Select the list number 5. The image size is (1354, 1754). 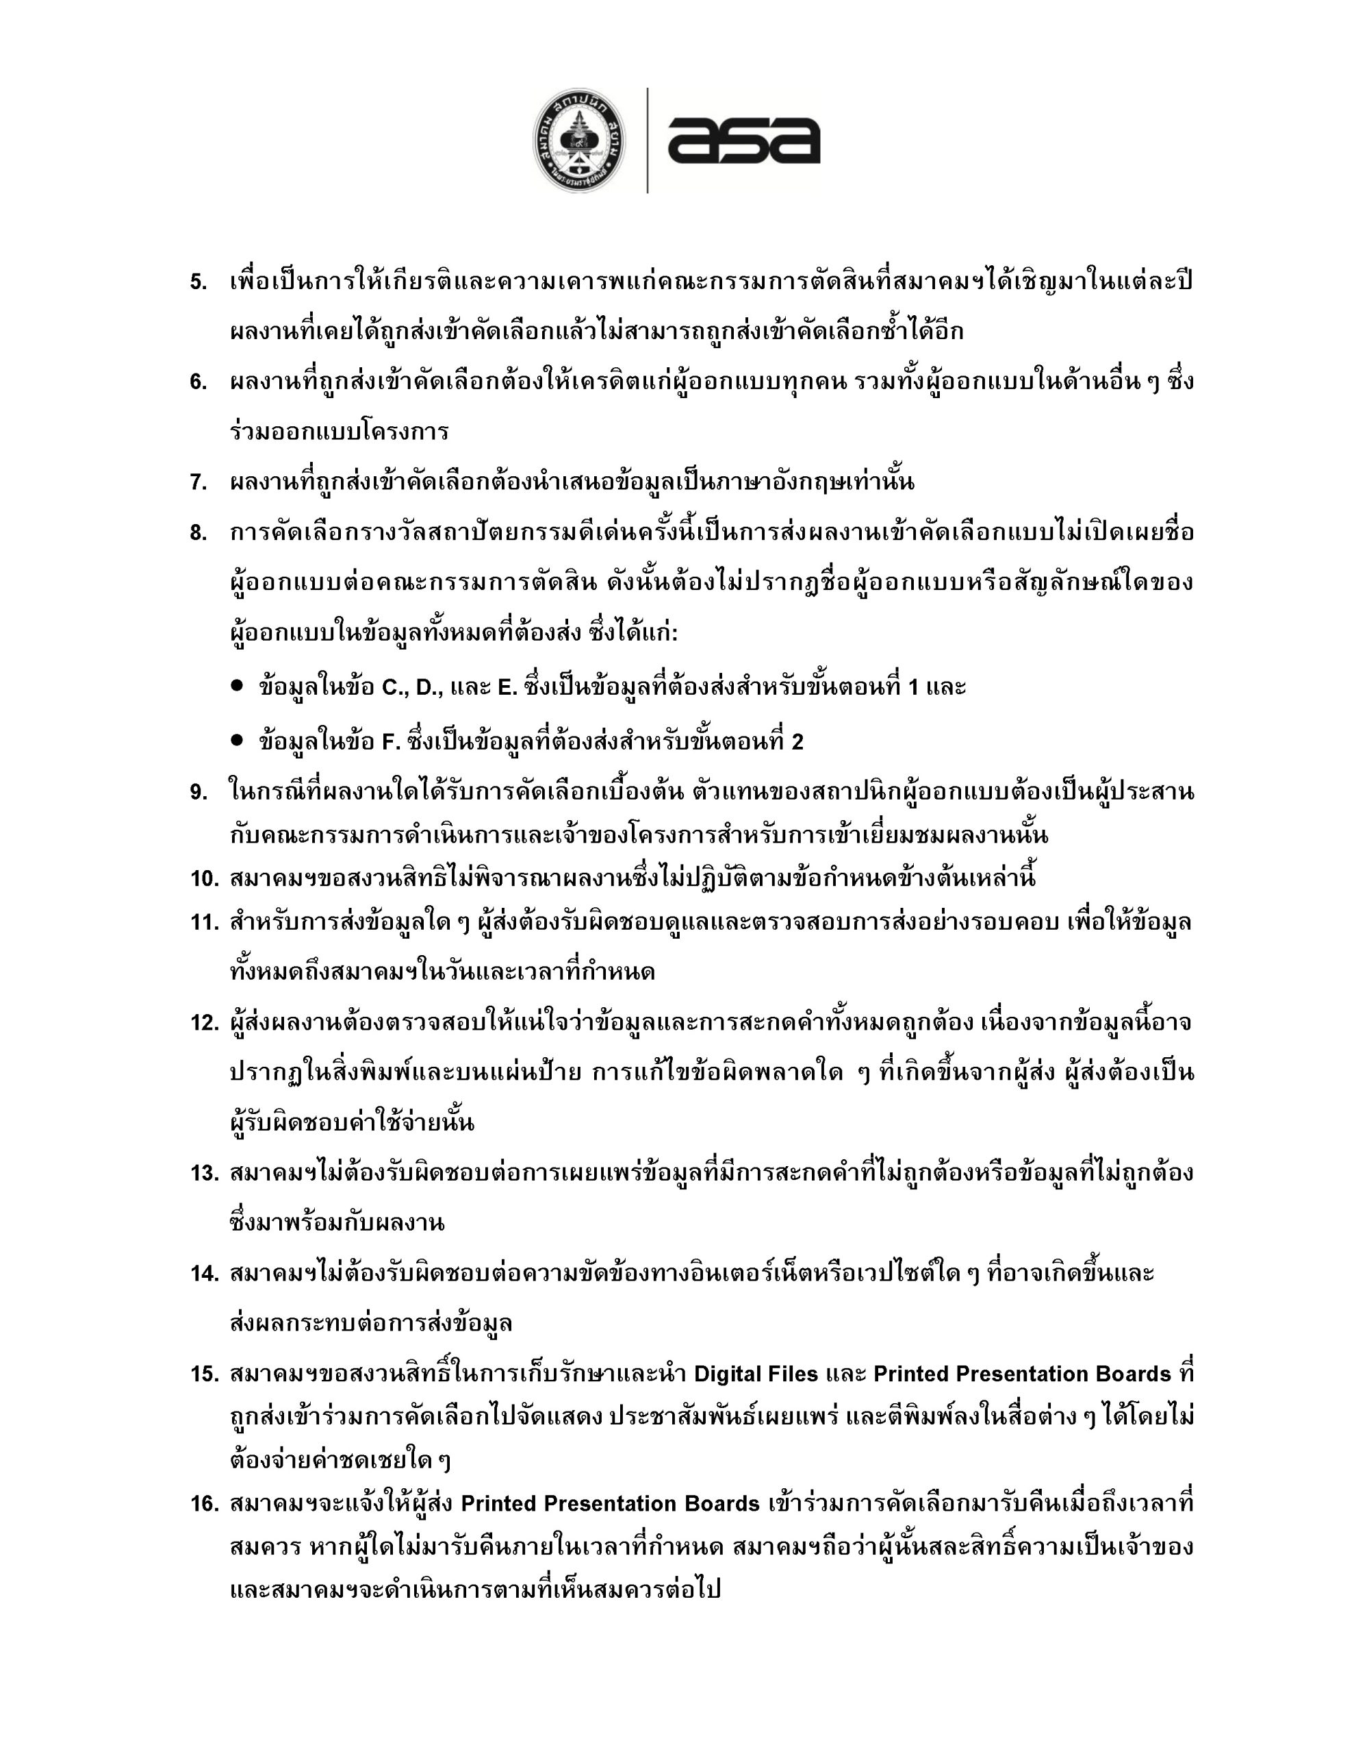(199, 283)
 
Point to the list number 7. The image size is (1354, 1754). (199, 482)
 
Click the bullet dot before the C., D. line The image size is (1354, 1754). (237, 687)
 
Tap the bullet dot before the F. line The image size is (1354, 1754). (237, 741)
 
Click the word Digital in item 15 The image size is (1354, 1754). (726, 1374)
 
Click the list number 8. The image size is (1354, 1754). (199, 533)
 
